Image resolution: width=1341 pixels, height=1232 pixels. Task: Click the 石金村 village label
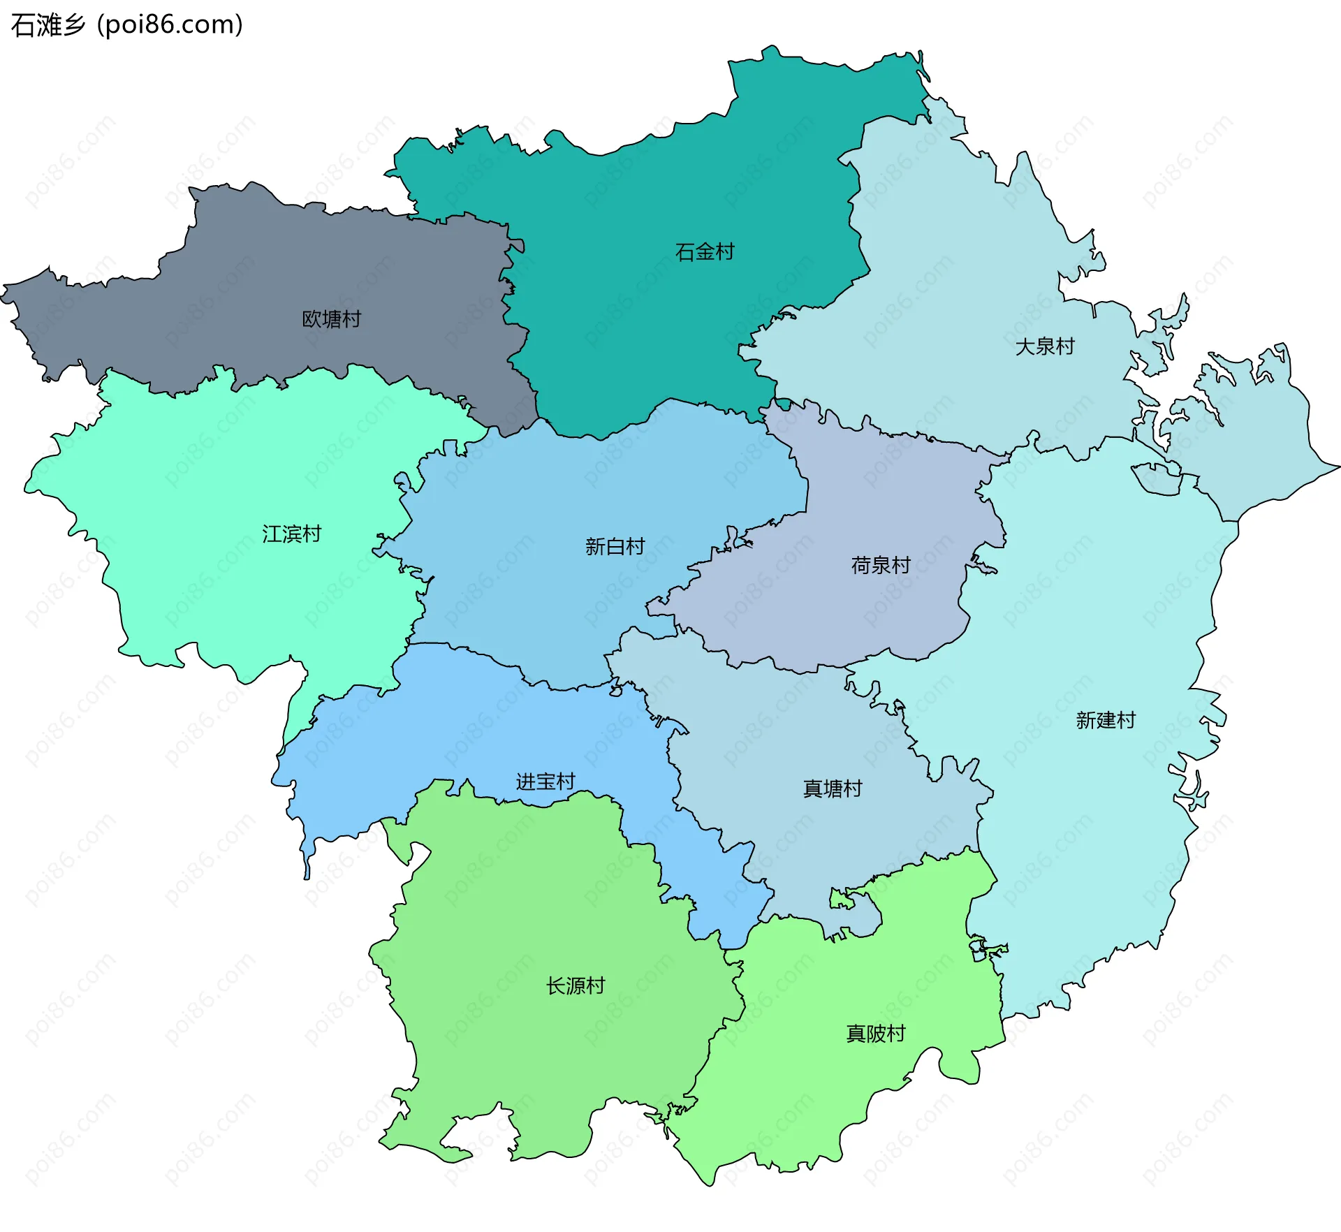click(705, 252)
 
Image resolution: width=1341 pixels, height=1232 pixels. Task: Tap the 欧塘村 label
click(331, 319)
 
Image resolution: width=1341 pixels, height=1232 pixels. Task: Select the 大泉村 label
click(1044, 346)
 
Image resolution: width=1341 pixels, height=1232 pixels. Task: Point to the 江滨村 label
click(291, 534)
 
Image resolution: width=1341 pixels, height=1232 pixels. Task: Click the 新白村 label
click(615, 547)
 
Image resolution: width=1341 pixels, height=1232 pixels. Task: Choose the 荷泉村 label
click(881, 566)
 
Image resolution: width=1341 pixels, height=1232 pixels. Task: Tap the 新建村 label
click(1106, 720)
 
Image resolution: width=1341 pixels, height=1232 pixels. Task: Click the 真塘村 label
click(833, 789)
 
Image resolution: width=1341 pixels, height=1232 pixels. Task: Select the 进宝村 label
click(545, 782)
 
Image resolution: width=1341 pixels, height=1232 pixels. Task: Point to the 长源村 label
click(575, 986)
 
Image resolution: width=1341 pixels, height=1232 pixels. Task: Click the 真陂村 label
click(875, 1034)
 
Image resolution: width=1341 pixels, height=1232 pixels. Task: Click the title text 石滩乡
click(47, 25)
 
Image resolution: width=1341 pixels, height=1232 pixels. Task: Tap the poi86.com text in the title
click(170, 25)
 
